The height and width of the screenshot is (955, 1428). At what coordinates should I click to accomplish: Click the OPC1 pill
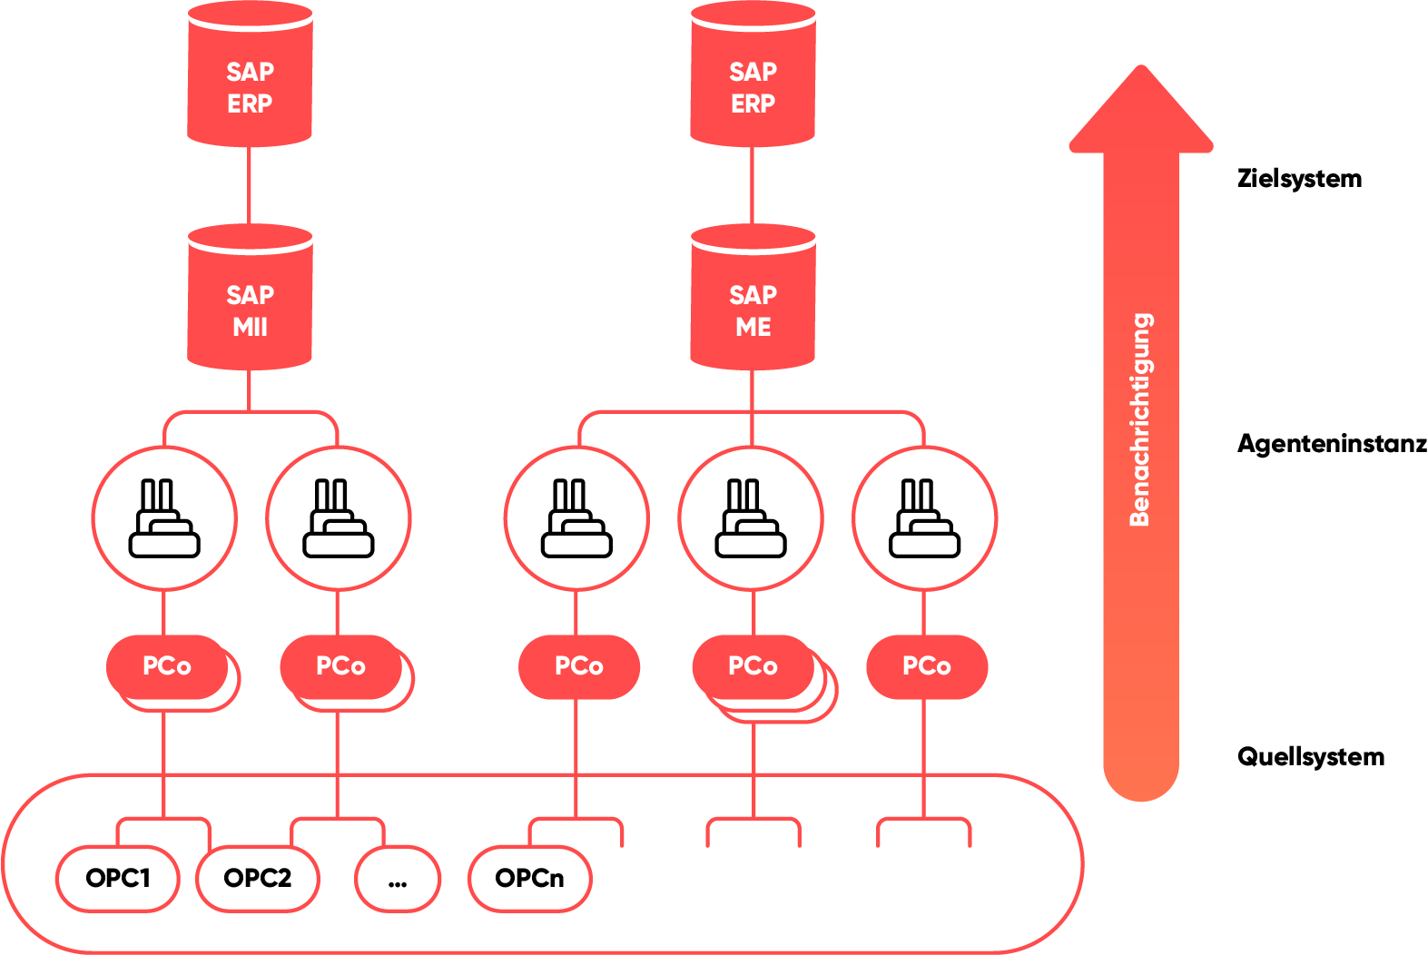point(118,878)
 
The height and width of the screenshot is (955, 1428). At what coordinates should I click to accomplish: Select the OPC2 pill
point(258,878)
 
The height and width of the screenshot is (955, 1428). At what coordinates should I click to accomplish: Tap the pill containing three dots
point(398,878)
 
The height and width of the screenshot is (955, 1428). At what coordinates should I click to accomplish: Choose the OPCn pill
point(530,878)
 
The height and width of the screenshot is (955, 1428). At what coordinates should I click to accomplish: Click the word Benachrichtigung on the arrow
point(1140,419)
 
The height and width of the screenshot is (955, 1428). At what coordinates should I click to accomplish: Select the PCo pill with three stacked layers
point(753,666)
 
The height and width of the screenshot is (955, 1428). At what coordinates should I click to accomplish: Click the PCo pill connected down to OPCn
point(578,666)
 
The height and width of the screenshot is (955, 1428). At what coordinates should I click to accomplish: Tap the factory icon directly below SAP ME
point(751,518)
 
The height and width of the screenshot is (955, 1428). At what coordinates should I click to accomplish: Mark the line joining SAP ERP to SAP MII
point(250,186)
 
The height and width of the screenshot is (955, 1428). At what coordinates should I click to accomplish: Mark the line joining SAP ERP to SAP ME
point(753,186)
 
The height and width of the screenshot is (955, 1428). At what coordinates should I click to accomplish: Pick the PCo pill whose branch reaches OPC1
point(167,666)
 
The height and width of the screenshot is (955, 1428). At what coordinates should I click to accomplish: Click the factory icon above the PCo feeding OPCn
point(576,518)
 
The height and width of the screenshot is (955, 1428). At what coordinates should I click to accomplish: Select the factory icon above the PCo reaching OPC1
point(164,518)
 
